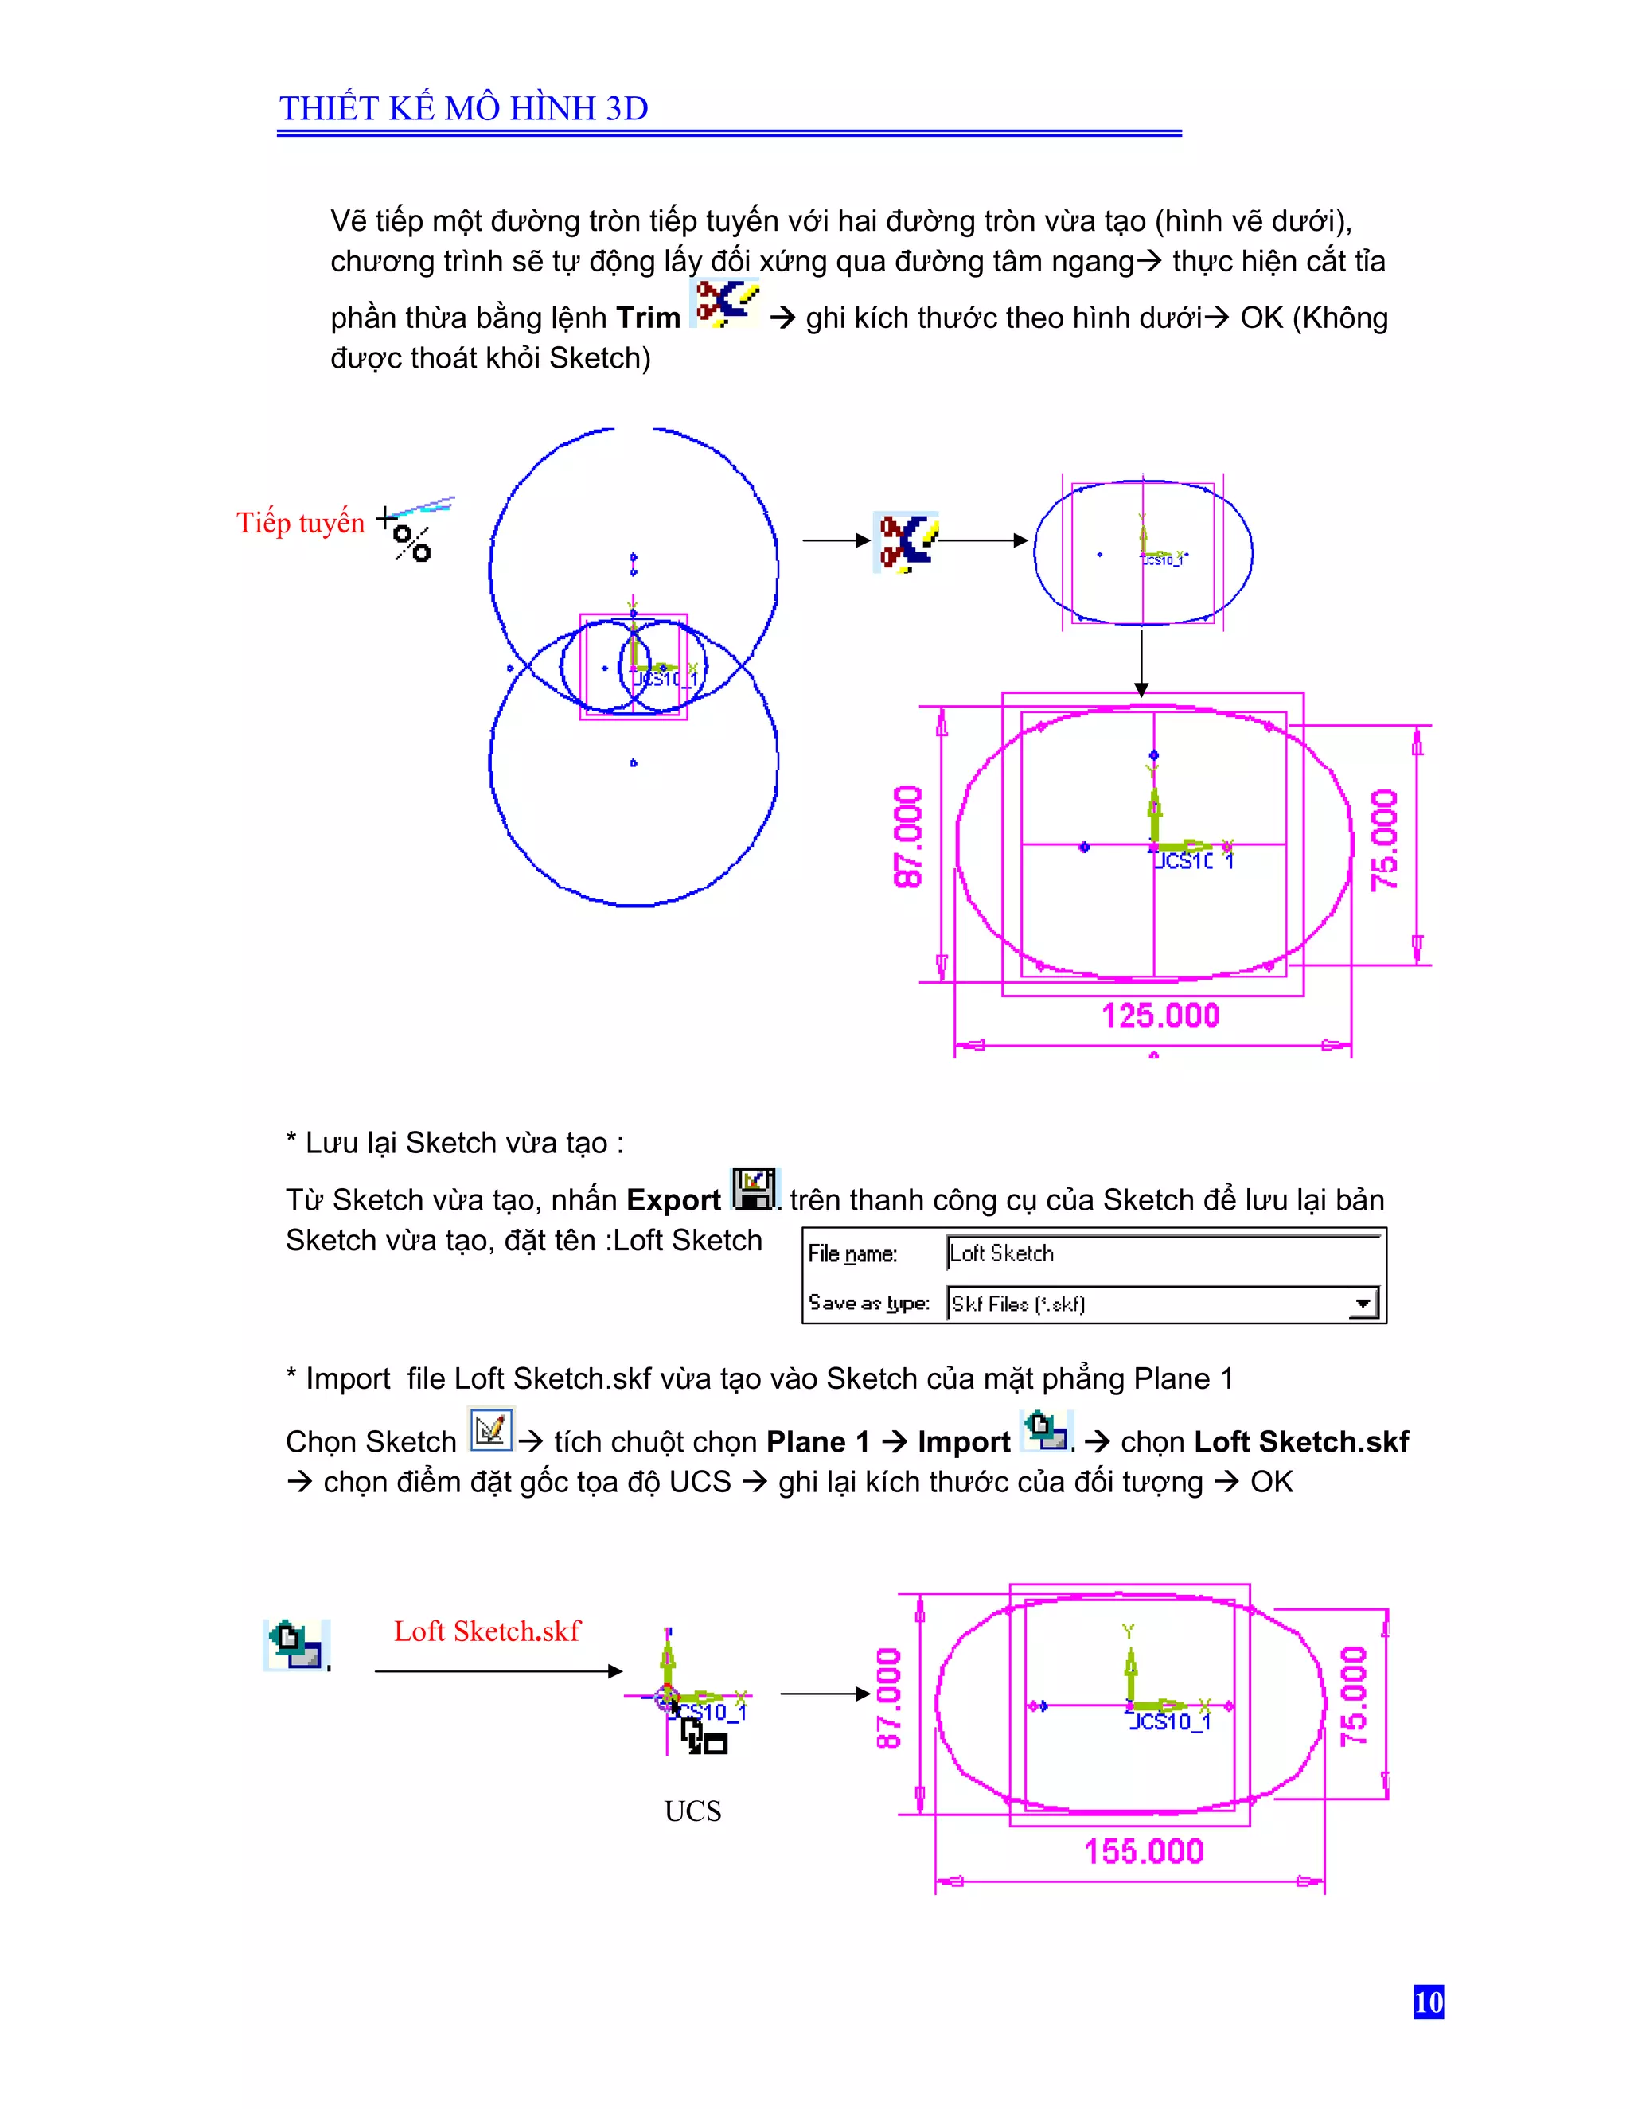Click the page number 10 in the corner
1427,2002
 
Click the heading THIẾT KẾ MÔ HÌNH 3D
463,108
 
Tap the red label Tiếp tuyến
300,522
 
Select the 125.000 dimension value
1160,1016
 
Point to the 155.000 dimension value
1144,1851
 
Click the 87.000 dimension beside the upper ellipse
909,836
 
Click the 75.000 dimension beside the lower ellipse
1354,1697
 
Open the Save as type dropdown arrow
1363,1304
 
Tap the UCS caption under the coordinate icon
692,1811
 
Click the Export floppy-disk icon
755,1189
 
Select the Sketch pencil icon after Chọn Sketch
490,1429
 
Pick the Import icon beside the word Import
1047,1430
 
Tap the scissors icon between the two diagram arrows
906,542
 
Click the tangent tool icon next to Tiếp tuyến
416,529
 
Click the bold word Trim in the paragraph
648,318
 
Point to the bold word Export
673,1199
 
